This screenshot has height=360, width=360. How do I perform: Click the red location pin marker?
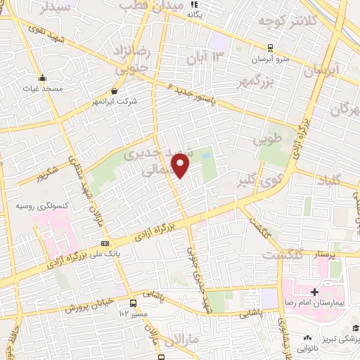coord(181,165)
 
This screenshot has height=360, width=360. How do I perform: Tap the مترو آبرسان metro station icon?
coord(271,47)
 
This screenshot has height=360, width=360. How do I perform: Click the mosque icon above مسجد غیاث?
coord(42,77)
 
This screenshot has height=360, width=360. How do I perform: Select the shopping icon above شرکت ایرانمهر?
coord(115,91)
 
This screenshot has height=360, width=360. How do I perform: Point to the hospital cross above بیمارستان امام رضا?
coord(315,290)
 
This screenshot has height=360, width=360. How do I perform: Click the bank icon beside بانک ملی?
coord(105,243)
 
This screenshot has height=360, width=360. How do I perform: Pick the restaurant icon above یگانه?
coord(195,3)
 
